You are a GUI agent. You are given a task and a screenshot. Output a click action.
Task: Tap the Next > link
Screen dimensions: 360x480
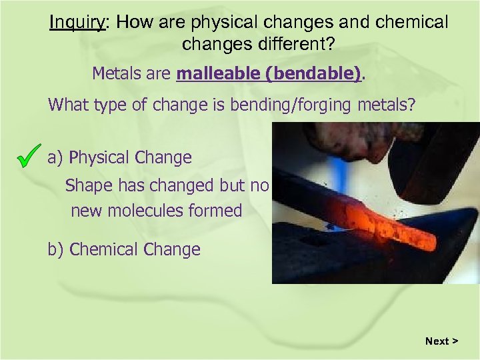(441, 341)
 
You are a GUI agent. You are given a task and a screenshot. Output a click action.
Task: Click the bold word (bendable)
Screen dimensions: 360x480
(313, 73)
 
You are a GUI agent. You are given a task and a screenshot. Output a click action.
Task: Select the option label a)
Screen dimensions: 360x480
(55, 158)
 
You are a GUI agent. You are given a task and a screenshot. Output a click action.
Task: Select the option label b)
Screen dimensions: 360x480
(56, 250)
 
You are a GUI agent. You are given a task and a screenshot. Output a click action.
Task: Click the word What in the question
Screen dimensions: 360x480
(67, 105)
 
